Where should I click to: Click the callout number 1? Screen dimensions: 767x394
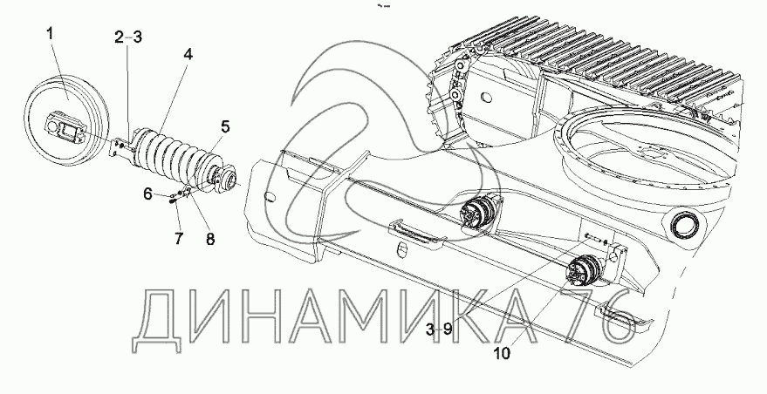click(x=51, y=34)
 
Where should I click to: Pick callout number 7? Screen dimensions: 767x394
click(x=178, y=237)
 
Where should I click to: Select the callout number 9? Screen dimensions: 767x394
click(x=445, y=329)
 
